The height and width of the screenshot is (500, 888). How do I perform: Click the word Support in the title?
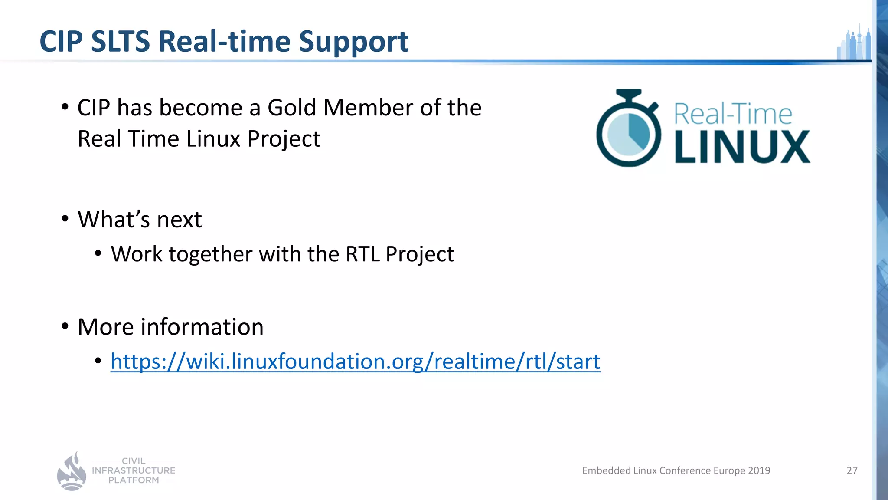point(353,42)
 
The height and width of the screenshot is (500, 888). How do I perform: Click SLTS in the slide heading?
point(120,42)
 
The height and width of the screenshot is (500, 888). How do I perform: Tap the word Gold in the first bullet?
point(291,108)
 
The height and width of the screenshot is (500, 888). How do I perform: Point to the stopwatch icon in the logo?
point(628,129)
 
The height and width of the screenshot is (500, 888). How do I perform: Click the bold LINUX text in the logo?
point(742,147)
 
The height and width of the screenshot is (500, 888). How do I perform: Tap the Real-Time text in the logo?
point(733,114)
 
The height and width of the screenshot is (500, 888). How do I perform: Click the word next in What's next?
point(179,220)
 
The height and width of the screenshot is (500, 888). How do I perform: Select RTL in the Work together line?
point(362,254)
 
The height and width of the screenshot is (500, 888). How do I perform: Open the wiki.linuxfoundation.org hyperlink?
point(355,362)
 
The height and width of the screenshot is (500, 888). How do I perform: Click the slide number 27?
point(852,470)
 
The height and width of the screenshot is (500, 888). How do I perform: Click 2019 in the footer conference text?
point(759,470)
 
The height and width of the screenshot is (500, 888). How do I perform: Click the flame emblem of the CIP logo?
point(72,472)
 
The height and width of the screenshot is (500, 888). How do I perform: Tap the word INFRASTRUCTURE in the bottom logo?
point(134,470)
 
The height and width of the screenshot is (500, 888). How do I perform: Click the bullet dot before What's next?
point(65,218)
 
